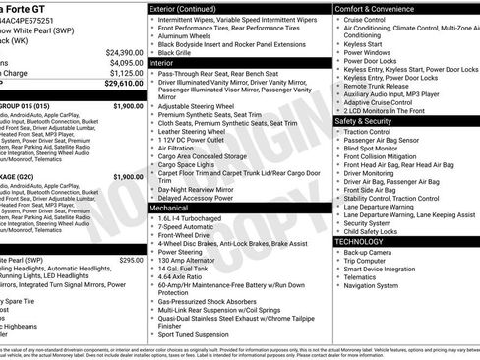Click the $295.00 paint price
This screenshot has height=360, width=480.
coord(131,260)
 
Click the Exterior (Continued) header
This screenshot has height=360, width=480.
coord(189,8)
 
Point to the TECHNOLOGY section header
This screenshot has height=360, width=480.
coord(359,241)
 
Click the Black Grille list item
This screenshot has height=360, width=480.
coord(181,51)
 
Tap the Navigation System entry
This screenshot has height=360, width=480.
coord(375,286)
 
